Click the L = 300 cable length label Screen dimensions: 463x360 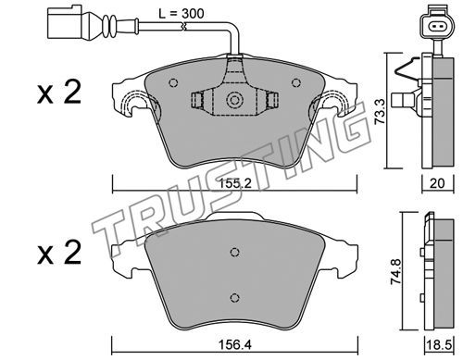pyautogui.click(x=181, y=14)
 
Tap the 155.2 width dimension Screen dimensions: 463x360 pyautogui.click(x=235, y=184)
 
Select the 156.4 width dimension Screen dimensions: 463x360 pyautogui.click(x=235, y=344)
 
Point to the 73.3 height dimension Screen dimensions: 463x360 pyautogui.click(x=380, y=111)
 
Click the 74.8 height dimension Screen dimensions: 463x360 pyautogui.click(x=396, y=272)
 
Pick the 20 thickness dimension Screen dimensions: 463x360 pyautogui.click(x=437, y=183)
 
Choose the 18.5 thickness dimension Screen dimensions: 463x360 pyautogui.click(x=438, y=345)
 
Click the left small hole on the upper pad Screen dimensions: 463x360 pyautogui.click(x=173, y=82)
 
